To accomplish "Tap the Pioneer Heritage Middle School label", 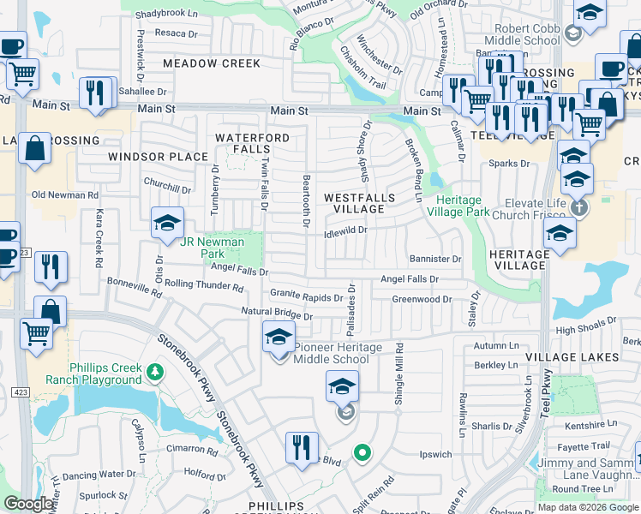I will (x=332, y=353).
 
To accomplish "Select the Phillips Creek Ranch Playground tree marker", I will (x=154, y=372).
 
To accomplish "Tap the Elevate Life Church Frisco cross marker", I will (x=578, y=208).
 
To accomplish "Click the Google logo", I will (x=28, y=504).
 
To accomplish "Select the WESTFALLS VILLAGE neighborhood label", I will (x=360, y=203).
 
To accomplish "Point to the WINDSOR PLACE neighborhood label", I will (x=158, y=157).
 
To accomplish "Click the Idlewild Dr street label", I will (x=346, y=230).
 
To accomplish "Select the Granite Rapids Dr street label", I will (x=306, y=295).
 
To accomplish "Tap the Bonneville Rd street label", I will (x=133, y=285).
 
